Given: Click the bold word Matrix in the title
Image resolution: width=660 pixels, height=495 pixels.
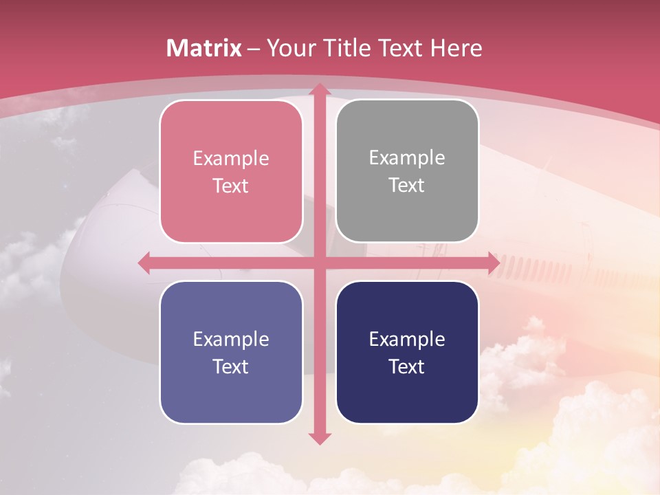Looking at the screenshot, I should (x=204, y=48).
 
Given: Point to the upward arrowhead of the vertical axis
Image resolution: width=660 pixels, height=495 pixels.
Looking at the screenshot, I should (x=319, y=90).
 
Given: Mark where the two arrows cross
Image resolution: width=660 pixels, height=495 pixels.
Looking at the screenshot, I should (x=319, y=263).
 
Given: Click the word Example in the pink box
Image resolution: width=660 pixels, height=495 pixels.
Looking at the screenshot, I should (x=231, y=158).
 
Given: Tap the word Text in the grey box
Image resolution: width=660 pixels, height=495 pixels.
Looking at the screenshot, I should (x=407, y=185).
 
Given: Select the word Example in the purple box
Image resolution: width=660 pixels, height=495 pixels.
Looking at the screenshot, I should (x=231, y=339).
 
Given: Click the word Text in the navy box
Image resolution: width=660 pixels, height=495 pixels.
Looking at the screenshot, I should (x=407, y=366).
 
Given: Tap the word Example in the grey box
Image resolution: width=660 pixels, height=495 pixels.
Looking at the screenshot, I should (x=407, y=157).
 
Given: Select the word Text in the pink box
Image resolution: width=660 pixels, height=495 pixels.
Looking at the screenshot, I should (x=231, y=186).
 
